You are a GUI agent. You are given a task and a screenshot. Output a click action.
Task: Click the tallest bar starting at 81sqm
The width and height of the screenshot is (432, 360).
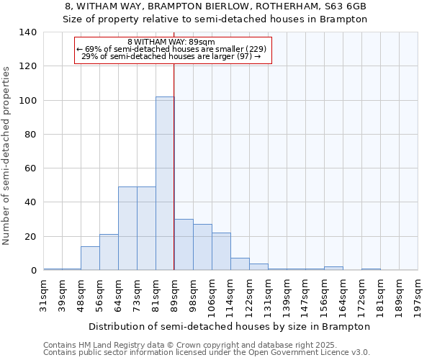165,184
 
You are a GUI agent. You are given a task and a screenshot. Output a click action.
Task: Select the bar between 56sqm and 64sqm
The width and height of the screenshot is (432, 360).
109,252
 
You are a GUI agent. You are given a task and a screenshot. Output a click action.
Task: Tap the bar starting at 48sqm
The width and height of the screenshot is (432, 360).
90,258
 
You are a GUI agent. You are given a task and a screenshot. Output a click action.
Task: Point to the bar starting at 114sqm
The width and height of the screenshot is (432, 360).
240,264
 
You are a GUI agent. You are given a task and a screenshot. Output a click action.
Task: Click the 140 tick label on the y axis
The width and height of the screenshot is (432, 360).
28,32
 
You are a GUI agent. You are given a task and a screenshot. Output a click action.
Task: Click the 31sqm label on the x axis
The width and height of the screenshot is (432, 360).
44,294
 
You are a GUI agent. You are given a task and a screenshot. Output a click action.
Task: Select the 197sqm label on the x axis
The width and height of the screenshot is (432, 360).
418,294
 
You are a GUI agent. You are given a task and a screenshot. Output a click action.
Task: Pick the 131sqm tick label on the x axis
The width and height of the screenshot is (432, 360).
268,294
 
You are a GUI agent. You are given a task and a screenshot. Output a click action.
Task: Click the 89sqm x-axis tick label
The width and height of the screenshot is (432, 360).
174,294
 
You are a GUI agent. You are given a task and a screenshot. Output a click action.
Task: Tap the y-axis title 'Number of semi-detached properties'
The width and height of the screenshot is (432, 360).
7,155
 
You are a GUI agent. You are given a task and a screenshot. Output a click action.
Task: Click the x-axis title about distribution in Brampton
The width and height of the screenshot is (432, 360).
230,326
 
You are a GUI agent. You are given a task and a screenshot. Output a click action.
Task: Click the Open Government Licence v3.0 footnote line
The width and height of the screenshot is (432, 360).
207,352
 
